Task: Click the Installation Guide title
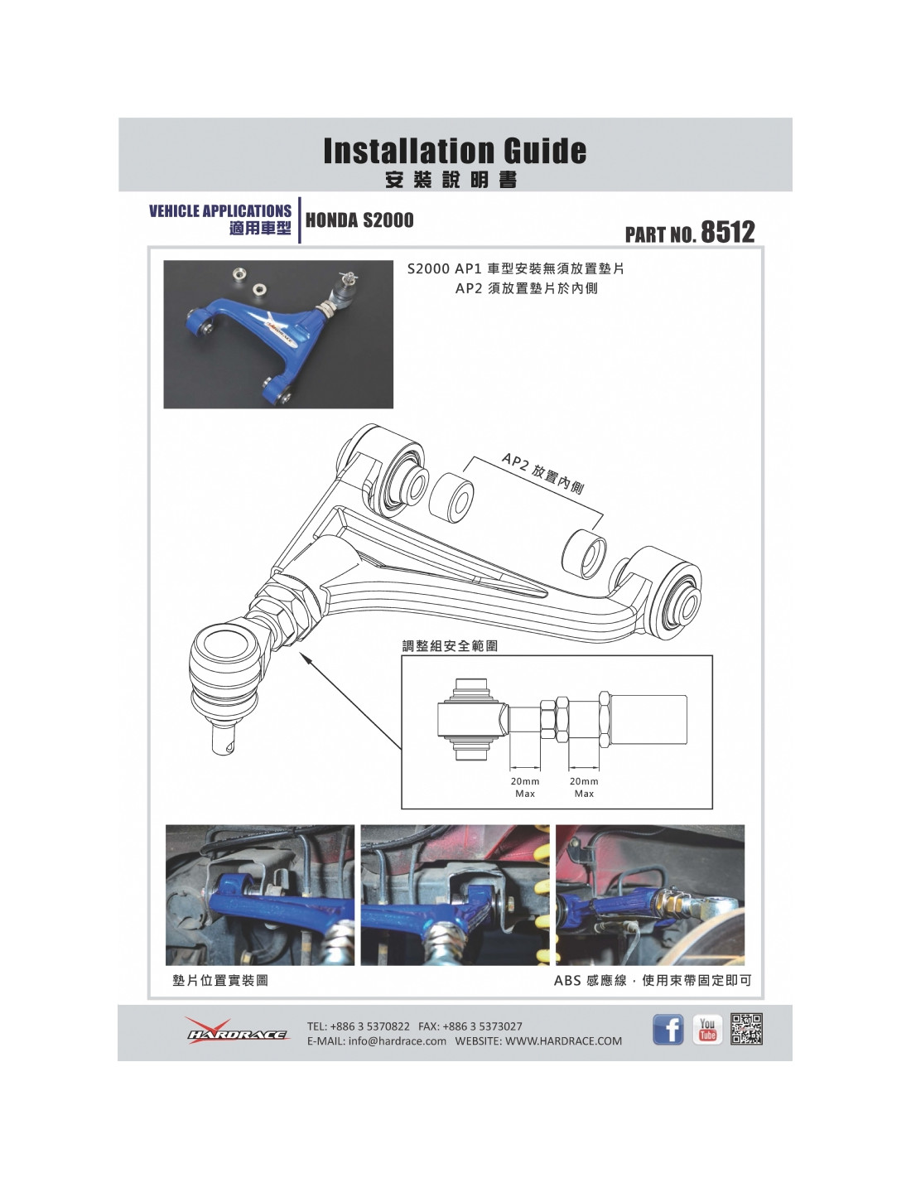[455, 151]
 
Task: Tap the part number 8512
[727, 232]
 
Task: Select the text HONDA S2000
[359, 220]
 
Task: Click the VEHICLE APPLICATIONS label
[220, 211]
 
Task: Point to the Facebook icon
[668, 1028]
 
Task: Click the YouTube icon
[707, 1028]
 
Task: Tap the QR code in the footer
[746, 1028]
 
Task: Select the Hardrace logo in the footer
[236, 1031]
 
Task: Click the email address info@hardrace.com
[398, 1040]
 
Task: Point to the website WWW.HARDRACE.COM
[564, 1040]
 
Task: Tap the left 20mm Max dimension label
[524, 787]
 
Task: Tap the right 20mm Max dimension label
[584, 787]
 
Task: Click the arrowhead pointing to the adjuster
[305, 657]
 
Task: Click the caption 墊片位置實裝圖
[220, 980]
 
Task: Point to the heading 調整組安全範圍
[449, 645]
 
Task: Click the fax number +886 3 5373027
[482, 1026]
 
